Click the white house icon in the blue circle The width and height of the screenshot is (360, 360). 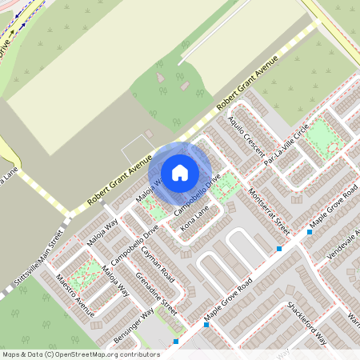pyautogui.click(x=180, y=172)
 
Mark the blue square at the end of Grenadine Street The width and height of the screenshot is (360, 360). pyautogui.click(x=176, y=342)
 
